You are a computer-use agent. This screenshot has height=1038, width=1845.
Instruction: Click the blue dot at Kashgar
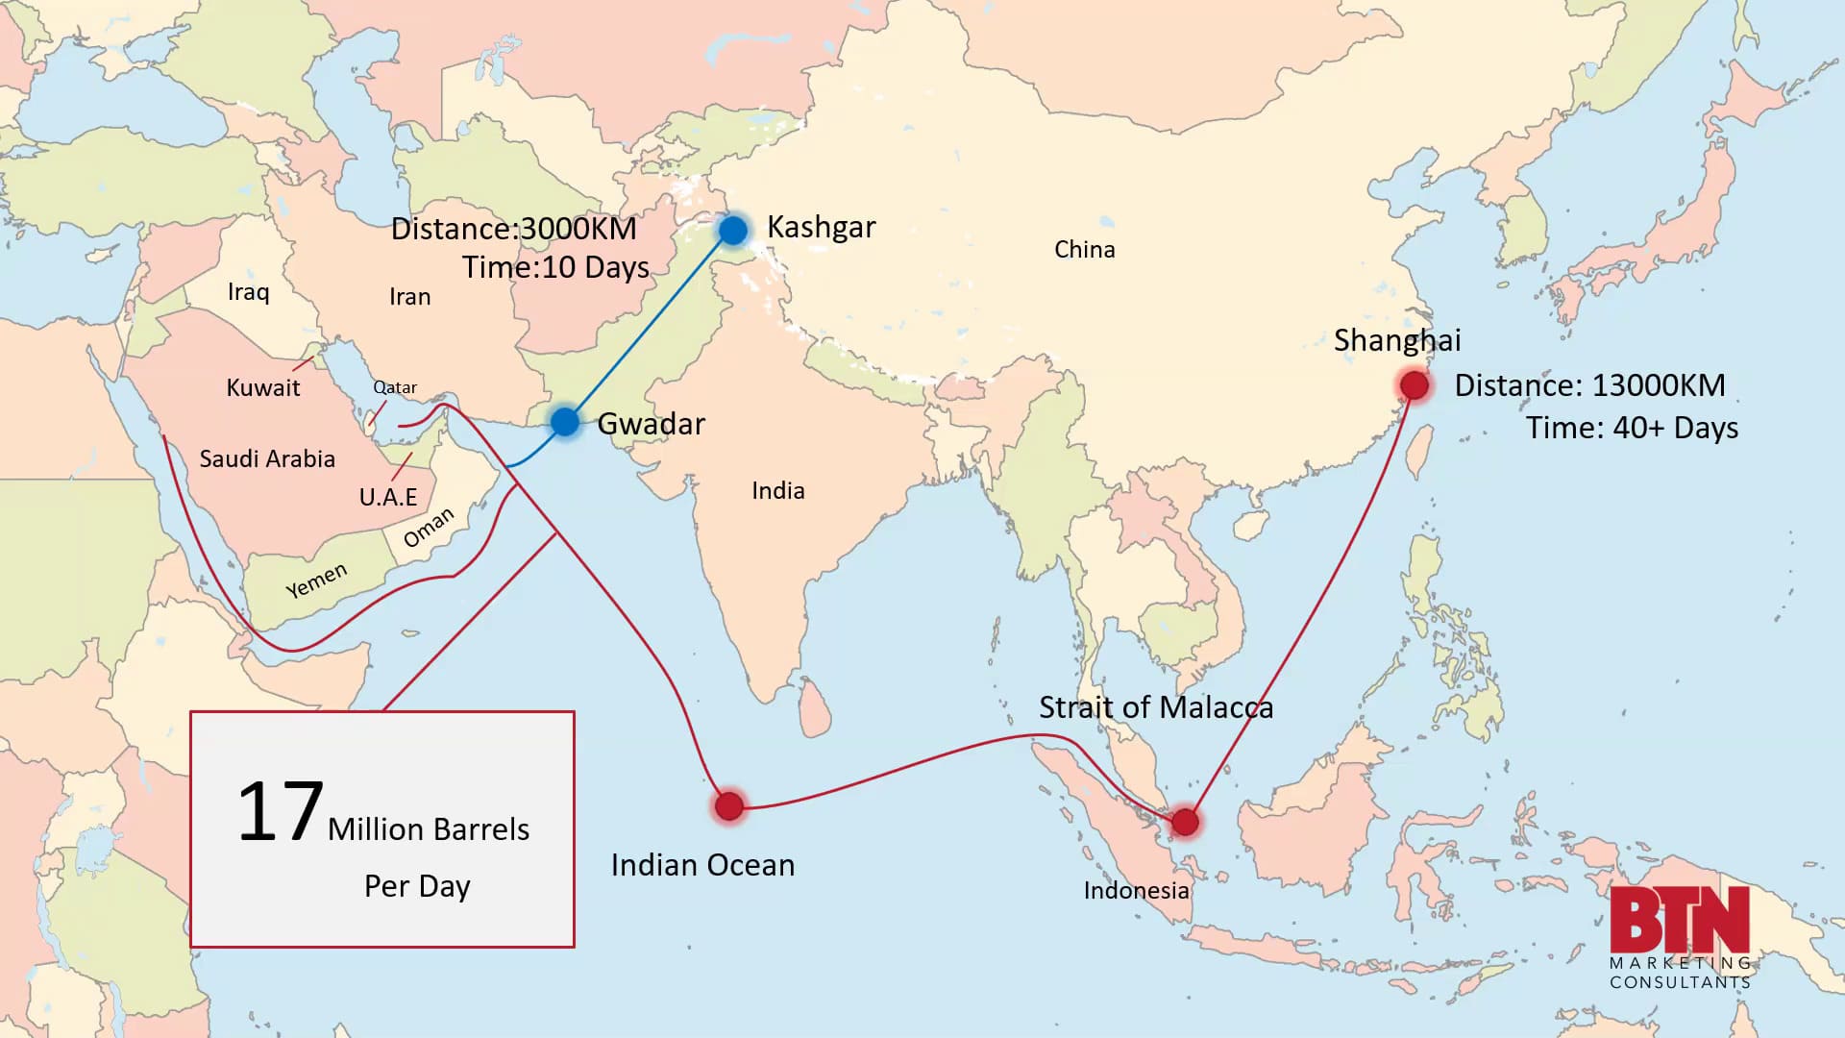732,231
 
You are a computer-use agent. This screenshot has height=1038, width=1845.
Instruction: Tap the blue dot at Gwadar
565,421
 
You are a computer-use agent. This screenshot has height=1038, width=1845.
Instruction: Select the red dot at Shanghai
1414,385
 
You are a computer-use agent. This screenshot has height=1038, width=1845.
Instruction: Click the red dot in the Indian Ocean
729,805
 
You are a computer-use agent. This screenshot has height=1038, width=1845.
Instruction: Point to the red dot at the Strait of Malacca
1185,822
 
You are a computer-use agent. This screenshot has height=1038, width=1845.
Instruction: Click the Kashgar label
821,228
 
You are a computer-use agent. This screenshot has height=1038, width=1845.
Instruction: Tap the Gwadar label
651,424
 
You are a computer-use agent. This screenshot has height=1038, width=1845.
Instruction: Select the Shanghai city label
1396,340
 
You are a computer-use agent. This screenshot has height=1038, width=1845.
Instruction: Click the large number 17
280,812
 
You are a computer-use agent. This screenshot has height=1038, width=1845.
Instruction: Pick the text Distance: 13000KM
1589,385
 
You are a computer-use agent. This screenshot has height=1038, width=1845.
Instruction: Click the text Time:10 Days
555,267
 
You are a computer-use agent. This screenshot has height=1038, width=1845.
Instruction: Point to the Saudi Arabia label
267,459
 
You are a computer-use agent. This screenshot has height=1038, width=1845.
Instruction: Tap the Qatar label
395,387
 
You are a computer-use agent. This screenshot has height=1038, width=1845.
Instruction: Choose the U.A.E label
388,497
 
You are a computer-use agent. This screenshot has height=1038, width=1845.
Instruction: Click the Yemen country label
316,581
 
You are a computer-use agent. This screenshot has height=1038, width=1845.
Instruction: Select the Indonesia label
1136,891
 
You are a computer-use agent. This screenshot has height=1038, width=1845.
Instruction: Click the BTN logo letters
1680,920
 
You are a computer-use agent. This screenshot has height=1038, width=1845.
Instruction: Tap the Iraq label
248,292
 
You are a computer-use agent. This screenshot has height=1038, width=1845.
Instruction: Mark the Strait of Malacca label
1155,708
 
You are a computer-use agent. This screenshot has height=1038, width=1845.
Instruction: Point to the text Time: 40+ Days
1632,428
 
